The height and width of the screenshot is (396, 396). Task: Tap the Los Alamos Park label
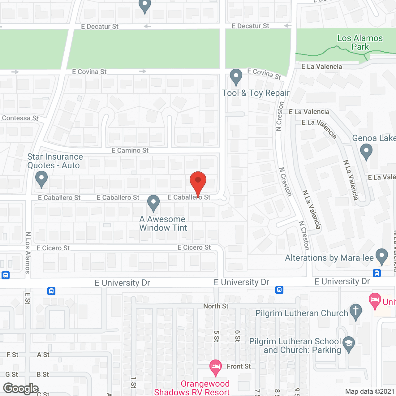point(360,42)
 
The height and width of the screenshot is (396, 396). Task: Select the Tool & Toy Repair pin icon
point(236,76)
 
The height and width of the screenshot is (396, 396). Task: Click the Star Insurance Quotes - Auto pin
point(41,179)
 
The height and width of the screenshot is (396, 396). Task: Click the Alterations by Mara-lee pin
point(381,256)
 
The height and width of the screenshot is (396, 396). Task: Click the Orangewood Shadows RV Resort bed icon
point(216,367)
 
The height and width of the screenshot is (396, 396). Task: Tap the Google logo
point(21,389)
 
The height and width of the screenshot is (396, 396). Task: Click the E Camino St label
point(130,151)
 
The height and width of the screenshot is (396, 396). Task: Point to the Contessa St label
point(20,118)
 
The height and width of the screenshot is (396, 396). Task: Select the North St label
point(216,306)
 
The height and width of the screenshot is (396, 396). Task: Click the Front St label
point(239,367)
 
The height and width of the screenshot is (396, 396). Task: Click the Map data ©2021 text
point(370,392)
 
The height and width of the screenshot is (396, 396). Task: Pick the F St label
point(13,355)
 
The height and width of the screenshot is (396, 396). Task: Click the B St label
point(43,375)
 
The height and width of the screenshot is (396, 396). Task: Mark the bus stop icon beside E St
point(51,291)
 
